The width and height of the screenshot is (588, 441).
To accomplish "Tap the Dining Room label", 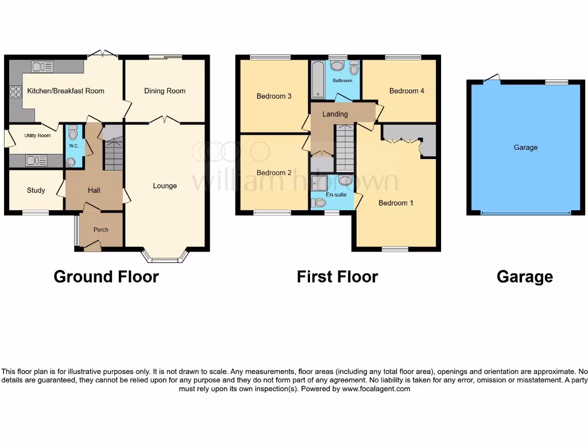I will [x=165, y=91].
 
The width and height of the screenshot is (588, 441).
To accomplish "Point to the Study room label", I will [x=36, y=190].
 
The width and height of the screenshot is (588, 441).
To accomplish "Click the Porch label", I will [x=101, y=230].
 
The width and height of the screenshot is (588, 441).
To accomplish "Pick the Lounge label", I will [x=165, y=186].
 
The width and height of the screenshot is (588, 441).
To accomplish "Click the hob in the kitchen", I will [x=16, y=92].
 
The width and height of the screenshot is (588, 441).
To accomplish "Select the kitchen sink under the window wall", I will [x=42, y=67].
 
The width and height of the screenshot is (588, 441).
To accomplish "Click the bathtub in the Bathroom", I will [x=318, y=80].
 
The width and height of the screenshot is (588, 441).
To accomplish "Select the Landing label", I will [x=335, y=114].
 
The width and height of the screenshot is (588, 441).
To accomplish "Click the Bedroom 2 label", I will [x=274, y=173].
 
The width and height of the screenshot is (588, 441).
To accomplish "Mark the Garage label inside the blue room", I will [x=525, y=148].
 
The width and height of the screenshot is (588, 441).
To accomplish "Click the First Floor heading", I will [x=337, y=277].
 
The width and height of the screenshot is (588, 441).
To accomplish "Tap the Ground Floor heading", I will [x=106, y=277].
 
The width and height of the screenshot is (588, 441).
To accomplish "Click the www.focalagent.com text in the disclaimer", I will [x=376, y=389].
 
